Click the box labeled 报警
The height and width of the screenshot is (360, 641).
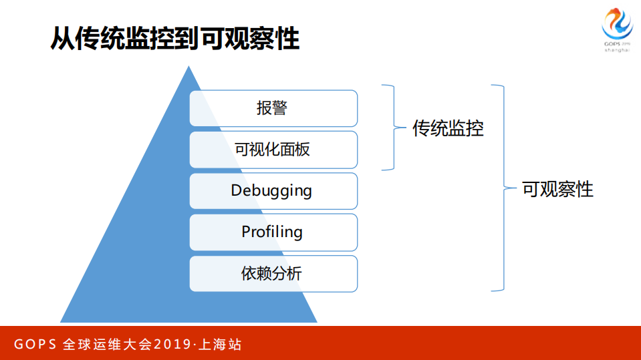(x=273, y=108)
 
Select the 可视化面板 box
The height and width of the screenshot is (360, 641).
(x=273, y=150)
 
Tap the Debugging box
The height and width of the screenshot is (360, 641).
(x=273, y=191)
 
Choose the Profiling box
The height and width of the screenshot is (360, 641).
(x=273, y=232)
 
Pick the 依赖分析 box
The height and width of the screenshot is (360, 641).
(x=273, y=273)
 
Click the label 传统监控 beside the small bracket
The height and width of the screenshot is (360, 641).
(x=448, y=128)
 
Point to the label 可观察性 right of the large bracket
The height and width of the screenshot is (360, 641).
(x=557, y=189)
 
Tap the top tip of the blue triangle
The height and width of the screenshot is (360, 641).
(x=189, y=67)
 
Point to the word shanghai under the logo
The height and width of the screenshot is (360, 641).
(x=617, y=49)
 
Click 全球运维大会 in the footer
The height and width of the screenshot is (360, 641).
(x=107, y=345)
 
